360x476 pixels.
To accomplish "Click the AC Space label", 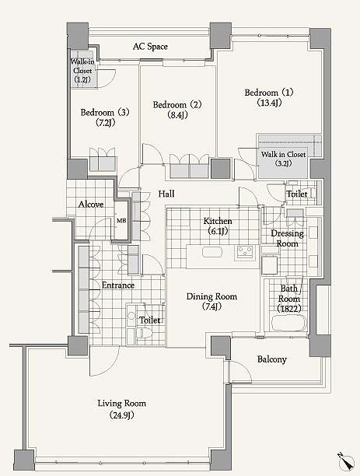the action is tap(150, 47).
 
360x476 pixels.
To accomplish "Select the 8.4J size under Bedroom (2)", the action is tap(177, 115).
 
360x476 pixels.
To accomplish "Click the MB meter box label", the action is tap(121, 221).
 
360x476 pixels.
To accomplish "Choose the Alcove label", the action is tap(91, 205).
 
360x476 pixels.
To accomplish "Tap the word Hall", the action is tap(166, 194).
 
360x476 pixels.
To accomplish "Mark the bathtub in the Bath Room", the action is tap(288, 323).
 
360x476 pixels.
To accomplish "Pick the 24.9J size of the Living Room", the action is tap(121, 415).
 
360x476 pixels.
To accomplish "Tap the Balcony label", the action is tap(272, 359).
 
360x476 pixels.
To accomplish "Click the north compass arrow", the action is tap(347, 462).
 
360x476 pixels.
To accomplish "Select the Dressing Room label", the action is tap(287, 238).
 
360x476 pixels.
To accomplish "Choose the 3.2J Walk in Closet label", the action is tap(283, 159).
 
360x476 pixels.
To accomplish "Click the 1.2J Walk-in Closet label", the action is tap(82, 71).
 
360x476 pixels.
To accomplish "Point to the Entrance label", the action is tap(117, 285).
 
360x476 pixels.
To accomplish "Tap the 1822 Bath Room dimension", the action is tap(289, 309).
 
